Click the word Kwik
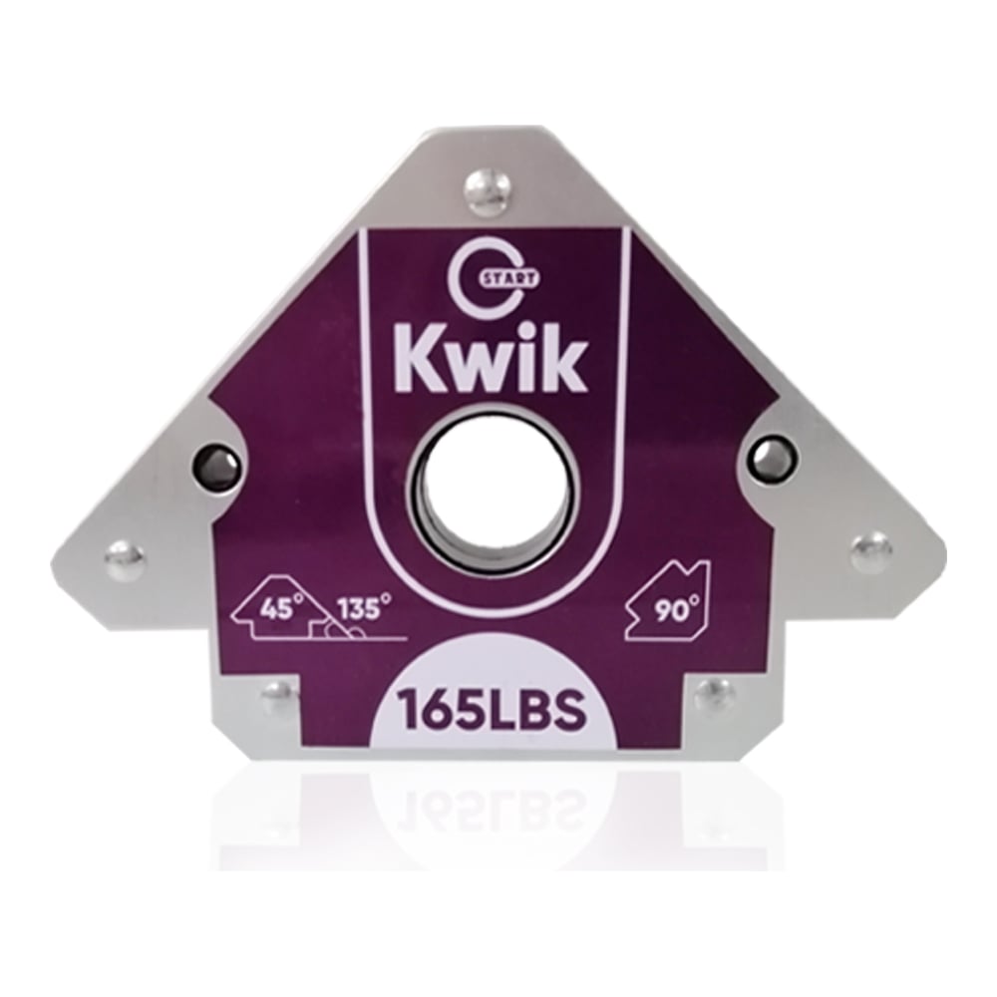tap(490, 358)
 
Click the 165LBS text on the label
tap(491, 711)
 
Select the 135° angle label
tap(364, 609)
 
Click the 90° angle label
tap(675, 610)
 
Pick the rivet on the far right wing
tap(871, 552)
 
